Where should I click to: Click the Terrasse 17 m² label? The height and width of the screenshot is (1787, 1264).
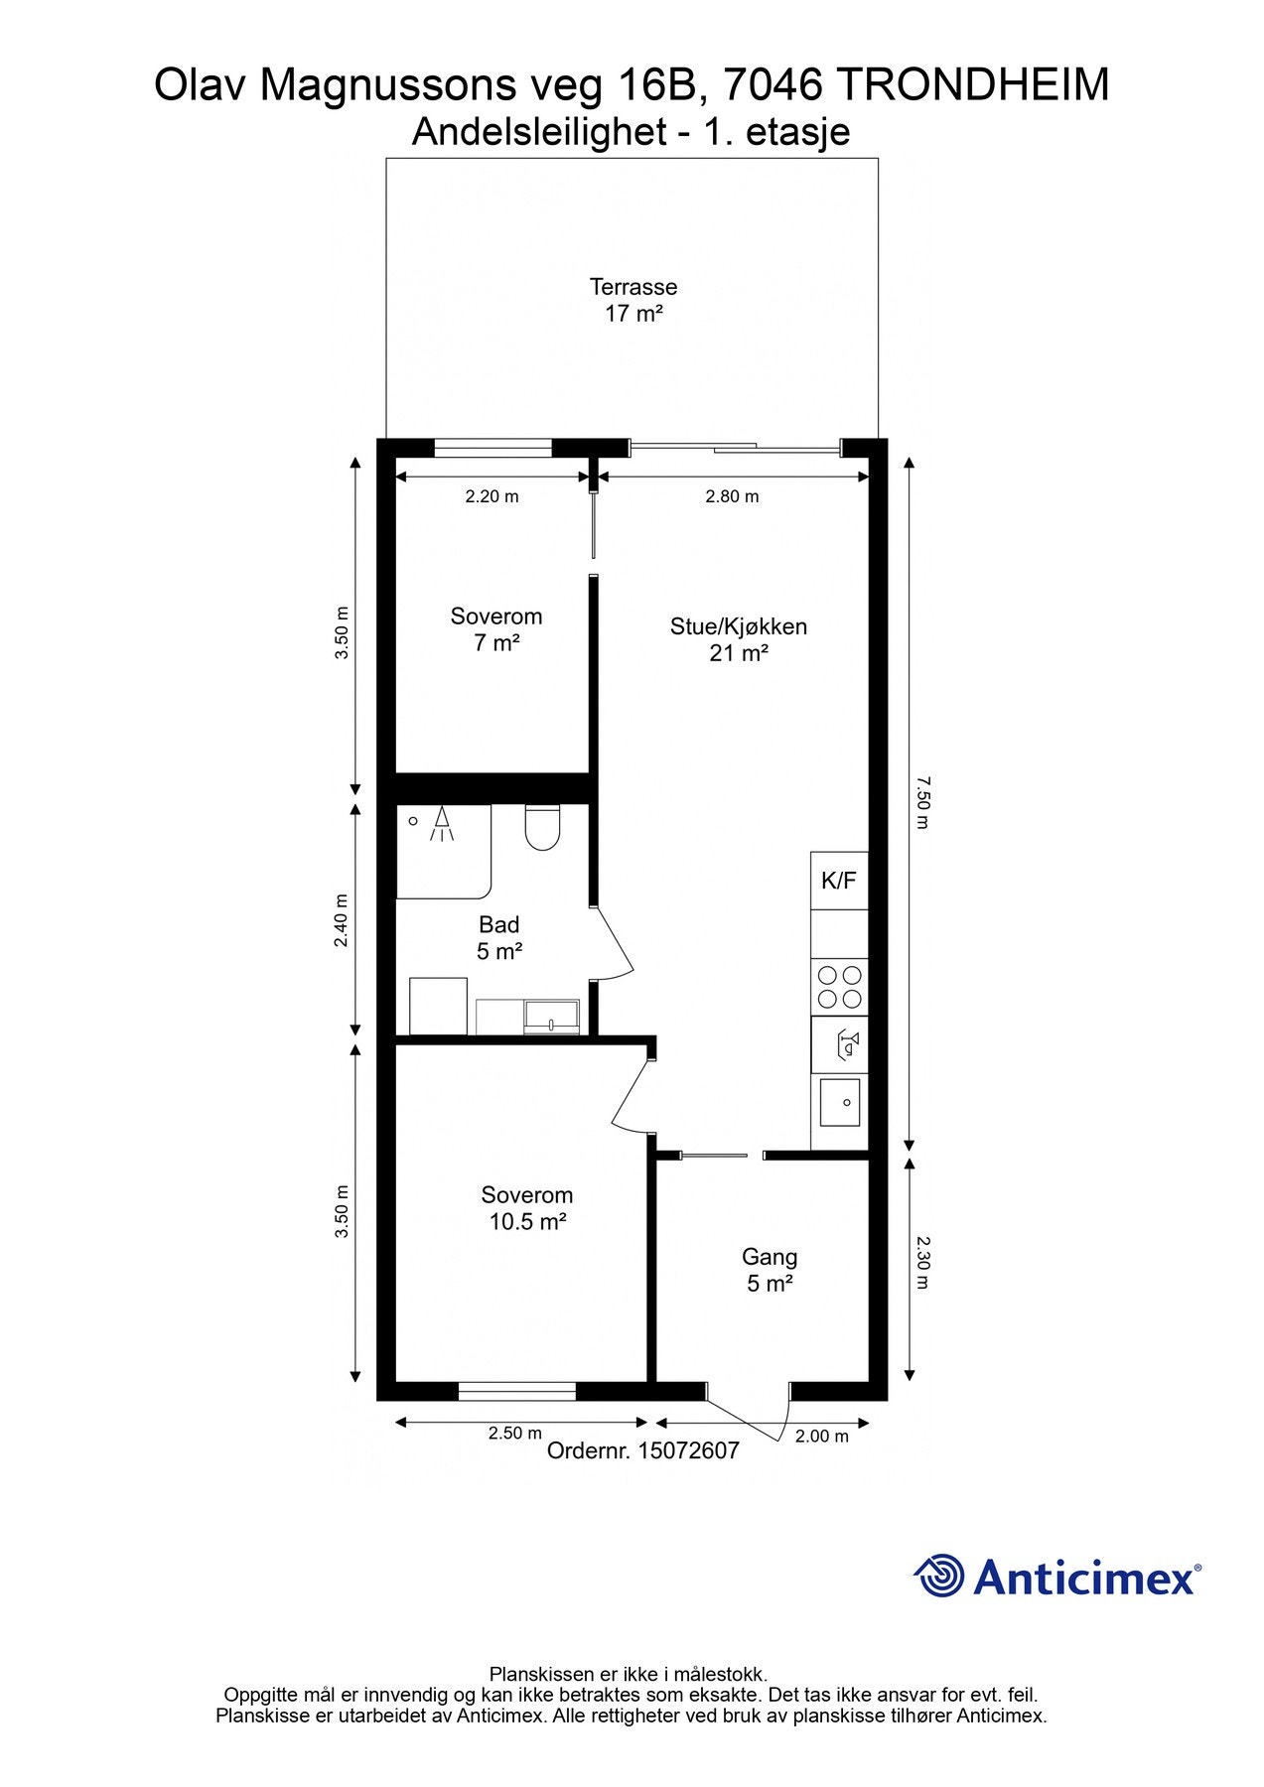click(x=632, y=300)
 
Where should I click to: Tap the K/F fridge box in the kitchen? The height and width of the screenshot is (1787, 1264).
click(x=839, y=881)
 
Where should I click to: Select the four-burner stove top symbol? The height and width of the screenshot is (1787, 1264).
click(x=839, y=987)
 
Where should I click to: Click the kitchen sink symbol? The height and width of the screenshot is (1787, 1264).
click(x=839, y=1102)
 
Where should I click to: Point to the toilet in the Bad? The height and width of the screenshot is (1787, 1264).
click(x=542, y=828)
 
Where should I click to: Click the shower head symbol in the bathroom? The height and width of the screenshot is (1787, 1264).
click(x=441, y=825)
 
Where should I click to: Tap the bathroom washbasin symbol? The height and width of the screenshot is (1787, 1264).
click(x=552, y=1016)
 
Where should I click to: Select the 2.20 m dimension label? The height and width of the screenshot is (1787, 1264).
click(x=492, y=496)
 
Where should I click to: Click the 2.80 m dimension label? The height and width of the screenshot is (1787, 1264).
click(x=732, y=496)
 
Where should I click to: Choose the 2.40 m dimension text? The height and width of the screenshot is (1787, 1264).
click(x=342, y=920)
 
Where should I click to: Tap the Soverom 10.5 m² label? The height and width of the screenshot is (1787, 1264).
click(x=527, y=1208)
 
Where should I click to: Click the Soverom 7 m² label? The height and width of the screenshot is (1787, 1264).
click(x=496, y=629)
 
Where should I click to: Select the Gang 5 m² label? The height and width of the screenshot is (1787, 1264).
click(x=770, y=1270)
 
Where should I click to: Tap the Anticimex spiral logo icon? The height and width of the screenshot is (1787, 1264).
click(x=938, y=1576)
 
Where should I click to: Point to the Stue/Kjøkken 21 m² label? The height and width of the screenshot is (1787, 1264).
click(x=738, y=639)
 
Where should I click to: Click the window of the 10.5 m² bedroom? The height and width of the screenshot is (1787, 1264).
click(x=517, y=1391)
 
